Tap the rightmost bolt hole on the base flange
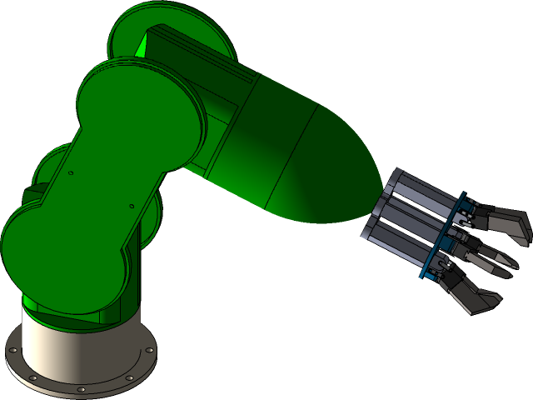[x=149, y=350]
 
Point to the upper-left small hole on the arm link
[x=72, y=173]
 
